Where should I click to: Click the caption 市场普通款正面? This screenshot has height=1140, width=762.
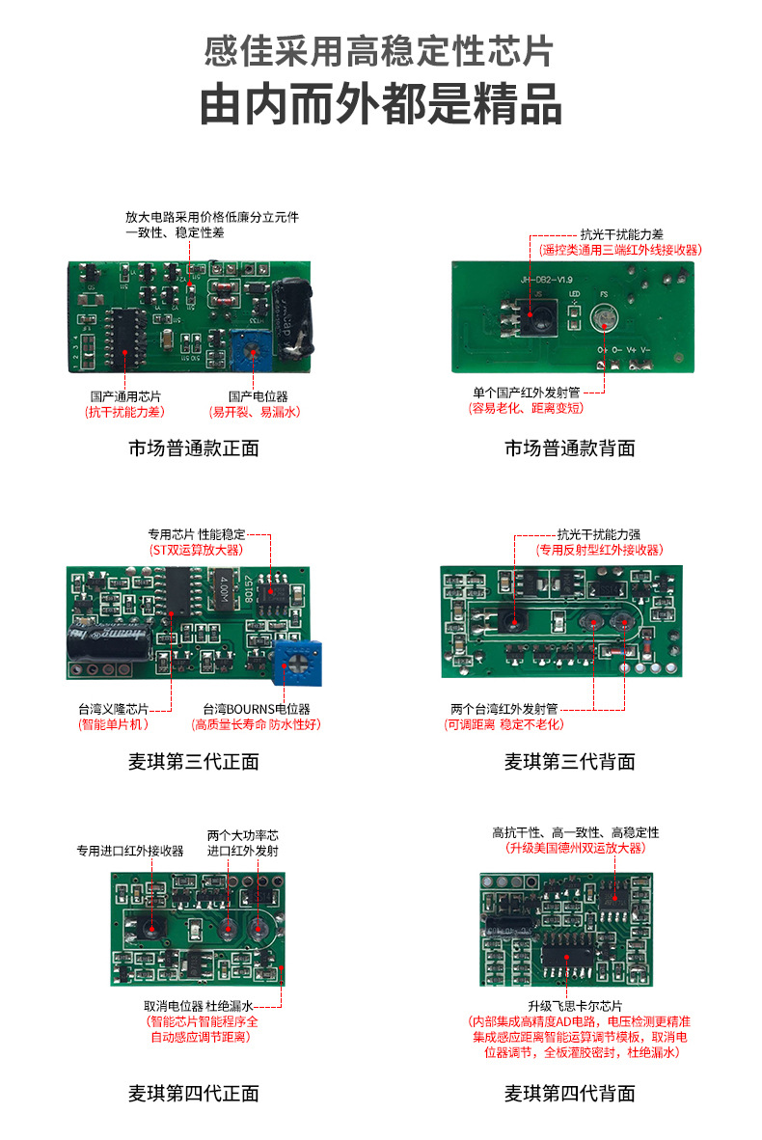(193, 448)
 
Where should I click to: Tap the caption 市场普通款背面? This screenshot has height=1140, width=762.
(569, 448)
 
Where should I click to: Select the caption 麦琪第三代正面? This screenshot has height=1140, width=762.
(193, 762)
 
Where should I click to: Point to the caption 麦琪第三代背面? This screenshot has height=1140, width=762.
(569, 762)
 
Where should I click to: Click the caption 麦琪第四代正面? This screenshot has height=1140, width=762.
(193, 1094)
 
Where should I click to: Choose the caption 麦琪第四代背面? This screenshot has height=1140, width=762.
(569, 1094)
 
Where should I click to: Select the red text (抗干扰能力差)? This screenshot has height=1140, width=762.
(125, 412)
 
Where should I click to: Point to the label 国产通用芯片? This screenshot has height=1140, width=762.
(125, 396)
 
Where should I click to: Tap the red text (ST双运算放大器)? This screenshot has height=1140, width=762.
(197, 550)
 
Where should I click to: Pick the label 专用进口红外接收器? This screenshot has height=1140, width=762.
(130, 851)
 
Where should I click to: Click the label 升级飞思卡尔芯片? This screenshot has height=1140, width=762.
(575, 1004)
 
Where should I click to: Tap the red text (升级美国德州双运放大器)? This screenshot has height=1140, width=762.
(575, 848)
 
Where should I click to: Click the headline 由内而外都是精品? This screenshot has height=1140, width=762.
(381, 105)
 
